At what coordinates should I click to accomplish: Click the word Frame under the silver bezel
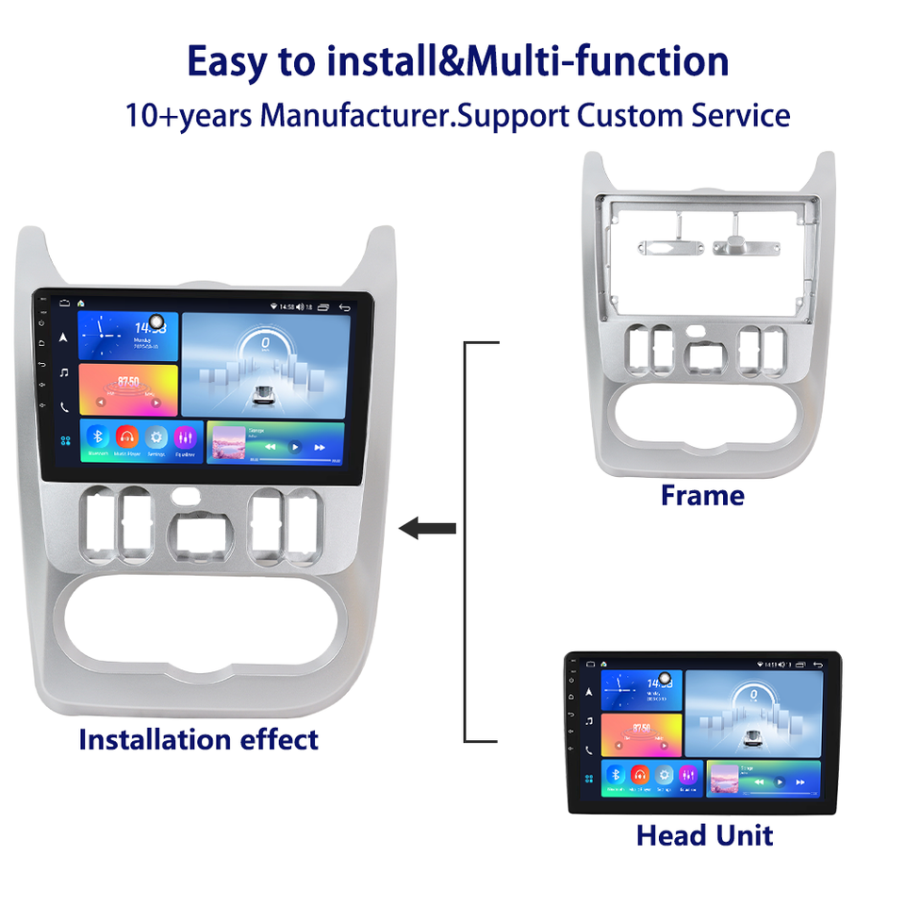pyautogui.click(x=702, y=495)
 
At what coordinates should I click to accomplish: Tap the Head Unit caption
pyautogui.click(x=704, y=835)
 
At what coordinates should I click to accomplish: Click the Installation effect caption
pyautogui.click(x=198, y=739)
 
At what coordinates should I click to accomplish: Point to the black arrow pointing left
pyautogui.click(x=428, y=528)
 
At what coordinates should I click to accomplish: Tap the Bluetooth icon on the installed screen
pyautogui.click(x=97, y=436)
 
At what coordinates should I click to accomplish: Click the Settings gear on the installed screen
pyautogui.click(x=156, y=436)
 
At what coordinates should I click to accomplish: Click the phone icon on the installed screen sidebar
pyautogui.click(x=64, y=407)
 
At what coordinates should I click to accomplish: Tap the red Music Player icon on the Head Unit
pyautogui.click(x=641, y=775)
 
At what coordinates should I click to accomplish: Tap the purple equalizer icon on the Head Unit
pyautogui.click(x=690, y=775)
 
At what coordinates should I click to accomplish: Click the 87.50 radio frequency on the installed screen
pyautogui.click(x=128, y=383)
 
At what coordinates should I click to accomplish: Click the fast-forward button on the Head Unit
pyautogui.click(x=800, y=782)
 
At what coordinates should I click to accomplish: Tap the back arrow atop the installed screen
pyautogui.click(x=345, y=306)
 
